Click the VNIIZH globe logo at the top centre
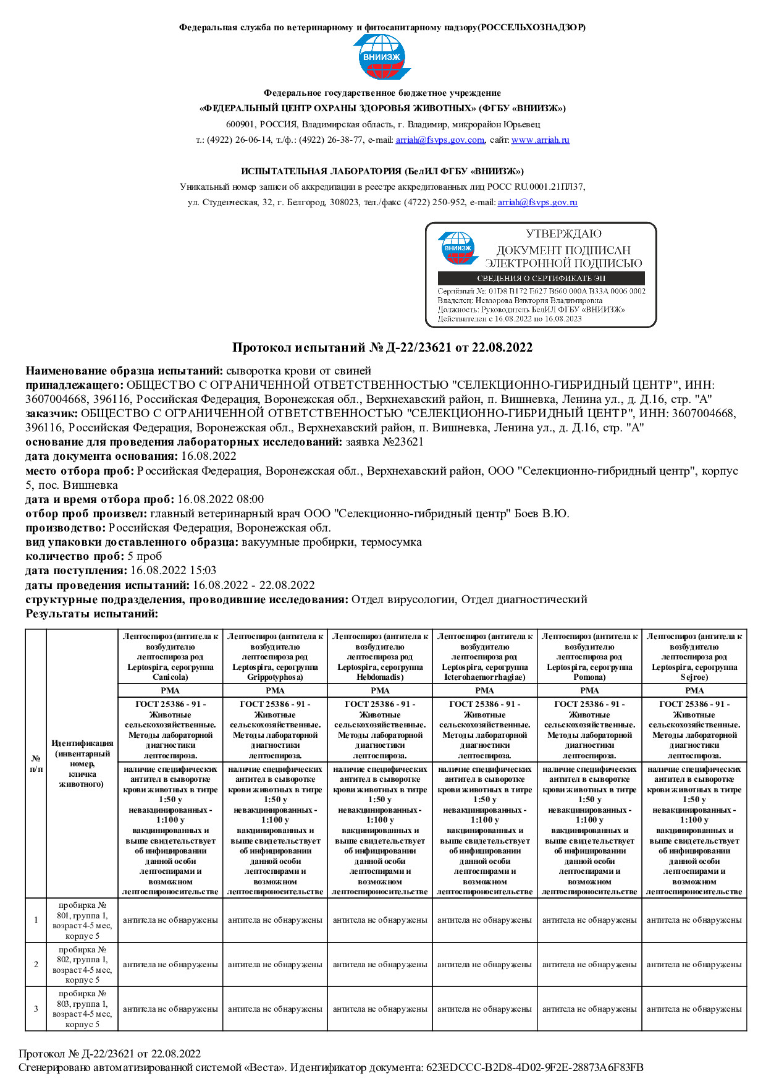point(382,56)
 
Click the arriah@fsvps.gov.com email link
point(439,140)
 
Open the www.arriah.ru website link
point(540,140)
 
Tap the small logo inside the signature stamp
point(458,248)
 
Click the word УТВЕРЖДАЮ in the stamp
point(563,234)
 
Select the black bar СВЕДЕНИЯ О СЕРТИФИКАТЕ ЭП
point(541,279)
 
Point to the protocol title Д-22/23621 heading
point(382,347)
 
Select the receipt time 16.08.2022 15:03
point(173,570)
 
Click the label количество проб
point(75,556)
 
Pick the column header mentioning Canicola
point(170,656)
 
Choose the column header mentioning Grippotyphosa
point(275,656)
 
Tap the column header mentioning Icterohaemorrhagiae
point(484,656)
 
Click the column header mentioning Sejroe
point(694,656)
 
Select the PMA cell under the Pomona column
point(589,690)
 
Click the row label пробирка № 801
point(82,920)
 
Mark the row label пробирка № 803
point(82,1009)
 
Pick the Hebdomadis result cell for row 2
point(380,965)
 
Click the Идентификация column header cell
point(82,763)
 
